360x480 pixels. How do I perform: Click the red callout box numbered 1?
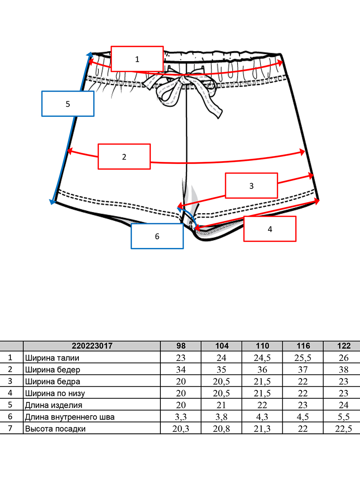137,59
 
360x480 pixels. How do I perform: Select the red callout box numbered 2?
124,156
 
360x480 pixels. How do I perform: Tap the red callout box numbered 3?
251,186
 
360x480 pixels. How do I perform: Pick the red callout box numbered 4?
270,229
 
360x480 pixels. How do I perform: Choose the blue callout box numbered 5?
68,104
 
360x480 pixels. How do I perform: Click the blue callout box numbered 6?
157,236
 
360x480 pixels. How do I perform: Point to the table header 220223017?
92,346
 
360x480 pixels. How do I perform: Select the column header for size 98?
181,346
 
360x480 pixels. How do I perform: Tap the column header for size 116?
303,346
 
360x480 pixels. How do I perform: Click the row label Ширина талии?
52,358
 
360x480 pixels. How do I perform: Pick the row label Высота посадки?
55,429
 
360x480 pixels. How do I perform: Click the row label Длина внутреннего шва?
70,417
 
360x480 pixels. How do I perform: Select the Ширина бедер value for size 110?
262,370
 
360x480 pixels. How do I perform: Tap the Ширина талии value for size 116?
303,358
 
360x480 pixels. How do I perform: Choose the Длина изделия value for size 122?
343,405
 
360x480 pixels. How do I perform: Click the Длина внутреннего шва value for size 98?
181,417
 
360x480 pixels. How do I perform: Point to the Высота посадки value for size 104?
222,429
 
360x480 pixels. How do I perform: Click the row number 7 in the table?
10,428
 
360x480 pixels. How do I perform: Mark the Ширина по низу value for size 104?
222,394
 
